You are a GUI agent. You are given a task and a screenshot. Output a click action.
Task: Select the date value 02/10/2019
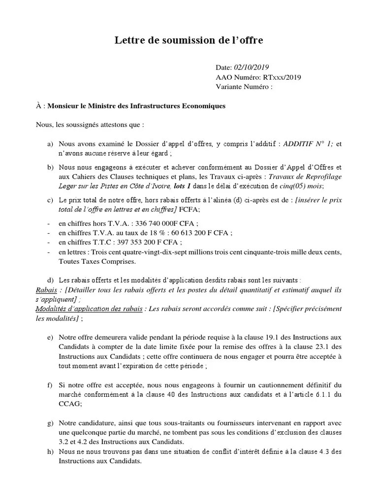pos(251,67)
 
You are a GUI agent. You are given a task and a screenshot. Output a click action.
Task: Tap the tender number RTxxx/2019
pos(282,77)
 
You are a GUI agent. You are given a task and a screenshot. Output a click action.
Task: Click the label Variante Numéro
pos(243,87)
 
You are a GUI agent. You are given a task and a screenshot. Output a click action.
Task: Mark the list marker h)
pos(50,452)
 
